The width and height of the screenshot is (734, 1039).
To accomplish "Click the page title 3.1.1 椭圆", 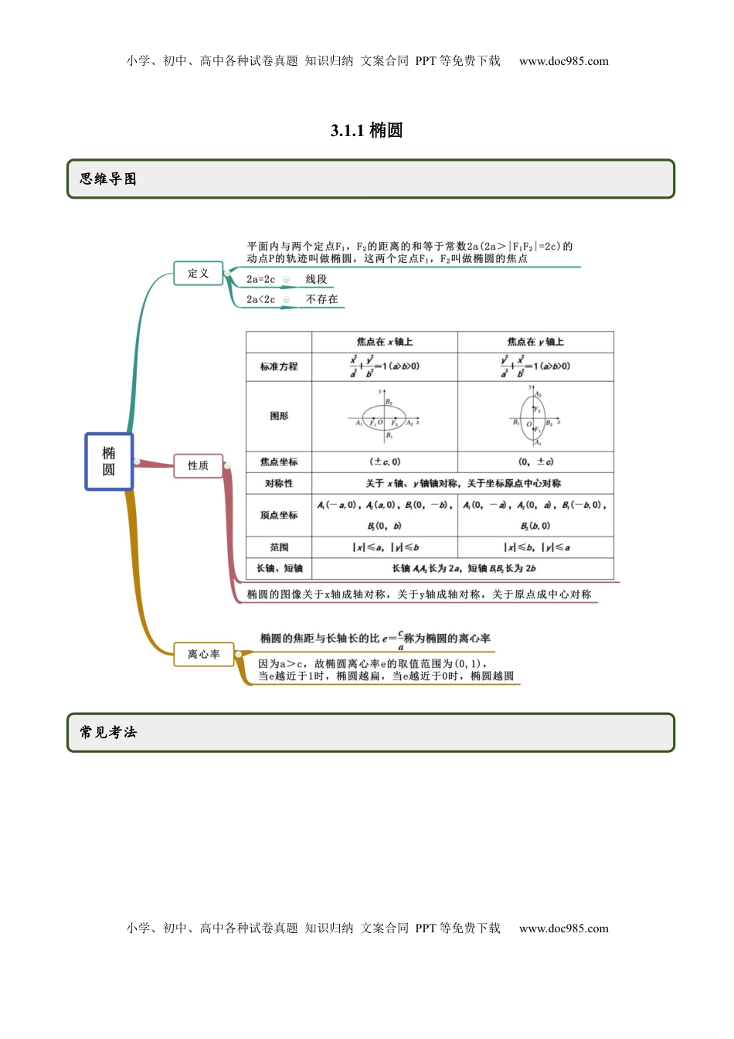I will (x=366, y=130).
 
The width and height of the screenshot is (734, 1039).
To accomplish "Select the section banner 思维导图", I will (x=108, y=179).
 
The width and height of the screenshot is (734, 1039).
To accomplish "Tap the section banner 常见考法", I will (x=108, y=732).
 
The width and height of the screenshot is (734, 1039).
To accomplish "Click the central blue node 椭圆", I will (x=109, y=462).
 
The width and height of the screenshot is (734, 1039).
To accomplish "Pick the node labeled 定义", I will (x=199, y=273).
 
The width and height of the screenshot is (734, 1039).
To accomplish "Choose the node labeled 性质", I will (x=199, y=465).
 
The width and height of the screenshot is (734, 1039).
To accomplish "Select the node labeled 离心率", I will (x=204, y=654).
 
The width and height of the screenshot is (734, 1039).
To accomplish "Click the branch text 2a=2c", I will (x=261, y=279).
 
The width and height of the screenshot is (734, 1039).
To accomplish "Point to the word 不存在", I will (x=322, y=299).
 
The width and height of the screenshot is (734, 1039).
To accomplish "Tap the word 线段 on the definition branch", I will (x=317, y=279).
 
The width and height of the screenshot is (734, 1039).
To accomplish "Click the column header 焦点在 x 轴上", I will (x=385, y=342).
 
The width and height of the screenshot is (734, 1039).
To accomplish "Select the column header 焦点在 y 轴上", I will (x=535, y=342).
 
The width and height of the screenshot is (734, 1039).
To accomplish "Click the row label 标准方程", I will (x=279, y=366).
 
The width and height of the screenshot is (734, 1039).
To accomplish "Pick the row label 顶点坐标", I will (x=279, y=515).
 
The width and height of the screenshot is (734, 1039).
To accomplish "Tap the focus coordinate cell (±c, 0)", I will (x=385, y=462).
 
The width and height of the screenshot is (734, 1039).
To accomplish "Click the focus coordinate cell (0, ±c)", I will (x=535, y=462).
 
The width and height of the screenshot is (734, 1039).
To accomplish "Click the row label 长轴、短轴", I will (x=279, y=568).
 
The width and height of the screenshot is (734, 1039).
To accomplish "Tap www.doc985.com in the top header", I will (x=563, y=61).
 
